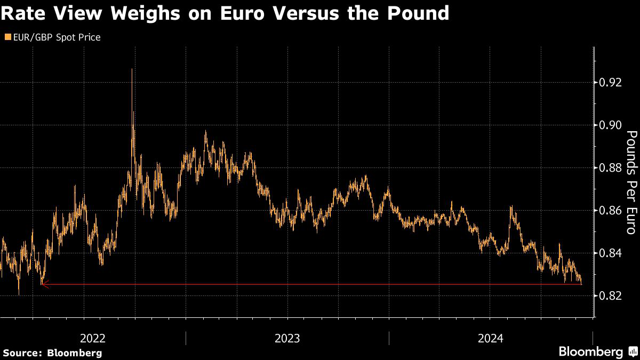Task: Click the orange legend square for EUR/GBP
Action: click(7, 37)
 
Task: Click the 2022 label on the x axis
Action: click(93, 338)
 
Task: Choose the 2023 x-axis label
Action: click(287, 338)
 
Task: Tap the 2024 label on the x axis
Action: click(491, 338)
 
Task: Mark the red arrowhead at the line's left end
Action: click(45, 285)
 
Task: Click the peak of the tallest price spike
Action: click(131, 69)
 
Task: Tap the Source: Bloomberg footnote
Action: click(52, 353)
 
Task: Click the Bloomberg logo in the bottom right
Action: click(590, 351)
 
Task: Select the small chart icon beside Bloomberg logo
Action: click(632, 351)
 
